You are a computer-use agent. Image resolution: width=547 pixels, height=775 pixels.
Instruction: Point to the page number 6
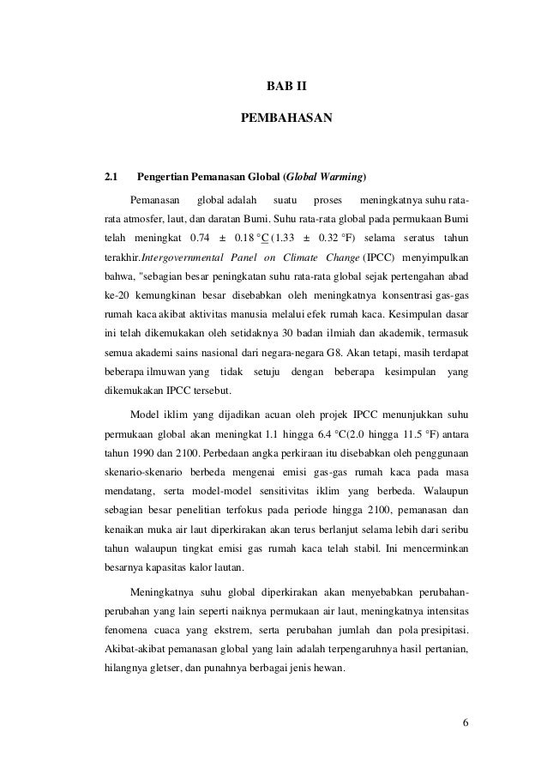pyautogui.click(x=465, y=720)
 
